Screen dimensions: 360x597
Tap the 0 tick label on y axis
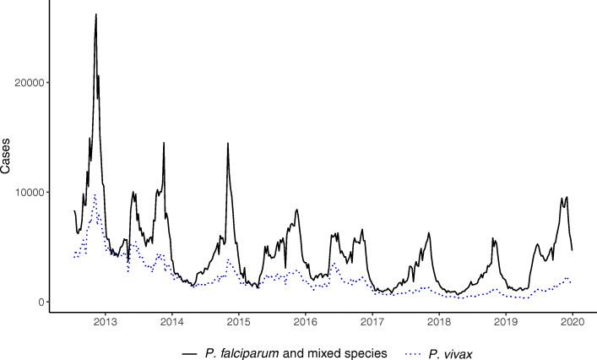(x=42, y=303)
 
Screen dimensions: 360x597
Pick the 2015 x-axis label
(x=238, y=322)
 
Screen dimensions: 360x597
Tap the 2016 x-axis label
(x=305, y=322)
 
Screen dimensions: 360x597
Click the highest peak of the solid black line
(x=96, y=14)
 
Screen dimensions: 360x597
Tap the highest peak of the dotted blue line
(x=95, y=194)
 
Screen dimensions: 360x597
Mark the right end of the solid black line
(x=573, y=249)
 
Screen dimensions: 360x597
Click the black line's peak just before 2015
(x=227, y=144)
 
